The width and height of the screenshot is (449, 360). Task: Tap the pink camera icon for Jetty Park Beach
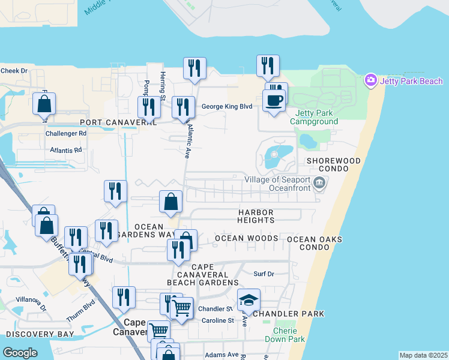(370, 80)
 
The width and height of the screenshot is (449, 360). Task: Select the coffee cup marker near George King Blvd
(274, 101)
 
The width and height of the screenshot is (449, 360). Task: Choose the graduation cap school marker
(249, 301)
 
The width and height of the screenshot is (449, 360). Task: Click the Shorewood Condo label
(334, 166)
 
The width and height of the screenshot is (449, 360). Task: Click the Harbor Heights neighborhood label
(256, 216)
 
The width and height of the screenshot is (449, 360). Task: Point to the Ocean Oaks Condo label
(315, 244)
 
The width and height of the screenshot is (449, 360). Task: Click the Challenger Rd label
(66, 133)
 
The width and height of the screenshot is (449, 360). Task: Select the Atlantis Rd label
(66, 150)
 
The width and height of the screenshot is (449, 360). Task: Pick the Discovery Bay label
(40, 334)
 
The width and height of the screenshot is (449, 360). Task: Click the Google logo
(19, 353)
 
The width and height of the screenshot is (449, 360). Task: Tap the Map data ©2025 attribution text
(423, 355)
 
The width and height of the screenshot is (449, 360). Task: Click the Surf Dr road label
(264, 274)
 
